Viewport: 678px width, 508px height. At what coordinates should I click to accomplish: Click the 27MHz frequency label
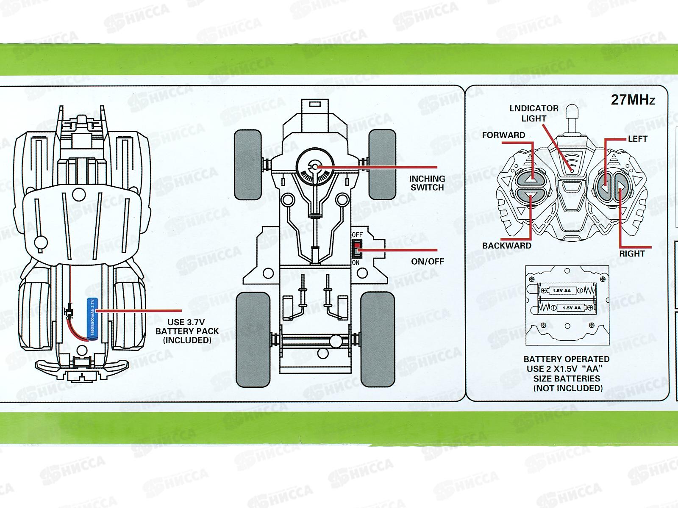633,100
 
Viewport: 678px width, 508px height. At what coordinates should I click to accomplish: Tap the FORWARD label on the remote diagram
503,135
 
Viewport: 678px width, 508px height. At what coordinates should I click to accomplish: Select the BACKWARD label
506,246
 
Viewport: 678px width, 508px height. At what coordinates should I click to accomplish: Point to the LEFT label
637,139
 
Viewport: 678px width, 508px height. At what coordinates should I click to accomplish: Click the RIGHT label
632,254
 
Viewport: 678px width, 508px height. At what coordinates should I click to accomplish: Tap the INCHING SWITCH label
427,183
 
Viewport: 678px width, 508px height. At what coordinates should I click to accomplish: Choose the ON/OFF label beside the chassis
428,261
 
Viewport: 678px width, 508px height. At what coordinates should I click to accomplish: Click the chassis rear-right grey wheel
378,339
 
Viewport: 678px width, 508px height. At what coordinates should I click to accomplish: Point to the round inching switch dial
314,168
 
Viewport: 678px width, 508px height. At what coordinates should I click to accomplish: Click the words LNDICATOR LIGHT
534,113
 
